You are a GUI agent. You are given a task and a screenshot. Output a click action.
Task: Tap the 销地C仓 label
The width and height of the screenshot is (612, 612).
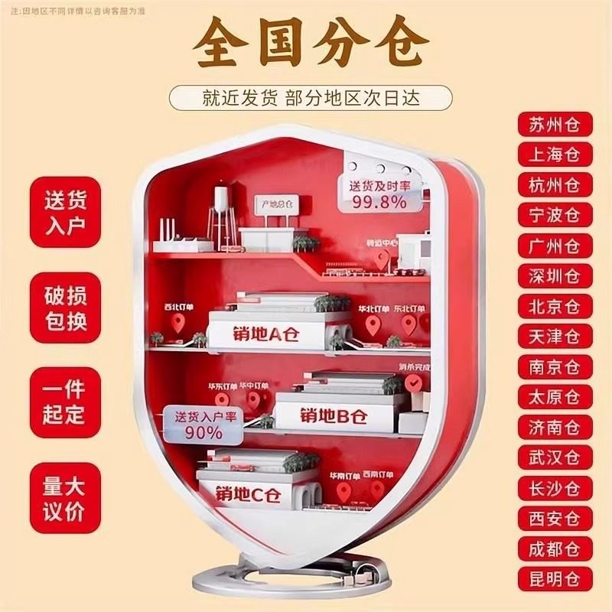[249, 493]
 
